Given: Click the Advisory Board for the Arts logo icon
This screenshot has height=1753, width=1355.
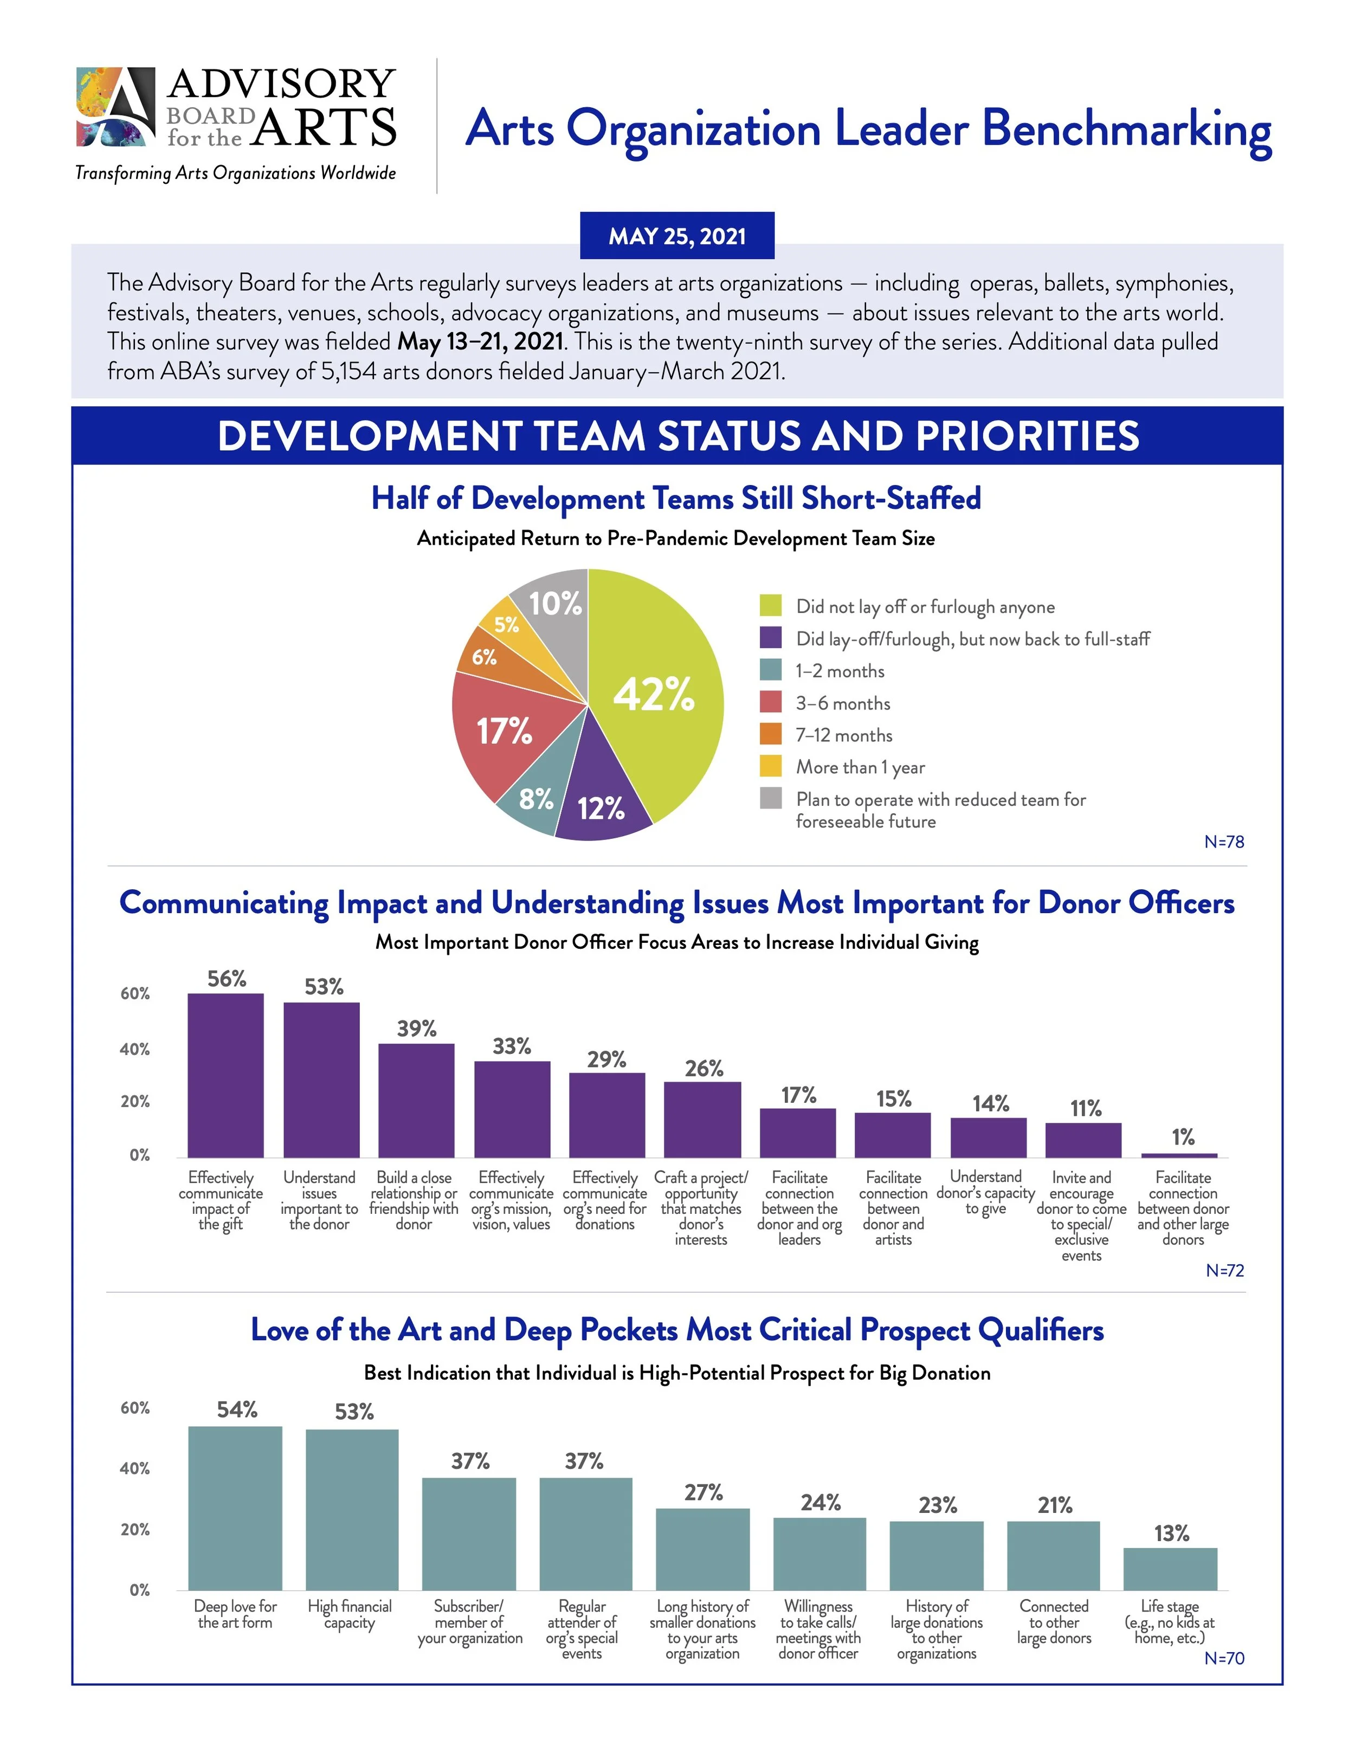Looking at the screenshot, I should coord(115,107).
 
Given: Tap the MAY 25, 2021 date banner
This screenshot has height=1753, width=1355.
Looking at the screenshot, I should coord(677,236).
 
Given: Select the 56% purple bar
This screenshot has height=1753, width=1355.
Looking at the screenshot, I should coord(225,1076).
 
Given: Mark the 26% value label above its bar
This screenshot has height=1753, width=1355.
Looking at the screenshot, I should coord(703,1069).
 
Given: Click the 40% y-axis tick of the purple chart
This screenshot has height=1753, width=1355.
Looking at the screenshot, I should coord(135,1049).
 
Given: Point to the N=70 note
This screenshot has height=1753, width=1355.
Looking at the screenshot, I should coord(1223,1658).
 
